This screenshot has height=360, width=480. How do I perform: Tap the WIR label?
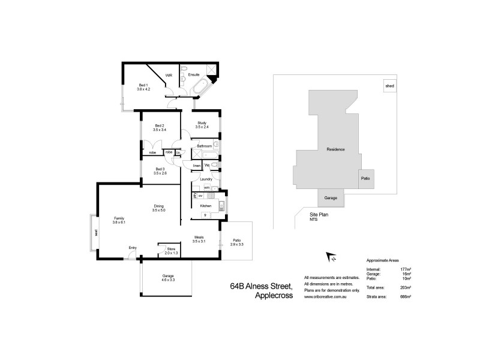pos(169,75)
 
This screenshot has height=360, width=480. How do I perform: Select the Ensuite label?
pos(194,75)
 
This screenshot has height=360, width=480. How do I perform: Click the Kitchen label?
pos(205,206)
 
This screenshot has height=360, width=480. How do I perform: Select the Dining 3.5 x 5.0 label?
pos(158,208)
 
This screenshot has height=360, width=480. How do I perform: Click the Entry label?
pos(133,247)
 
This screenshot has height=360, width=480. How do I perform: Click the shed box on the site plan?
pos(390,86)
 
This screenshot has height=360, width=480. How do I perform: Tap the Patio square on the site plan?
pos(365,178)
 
